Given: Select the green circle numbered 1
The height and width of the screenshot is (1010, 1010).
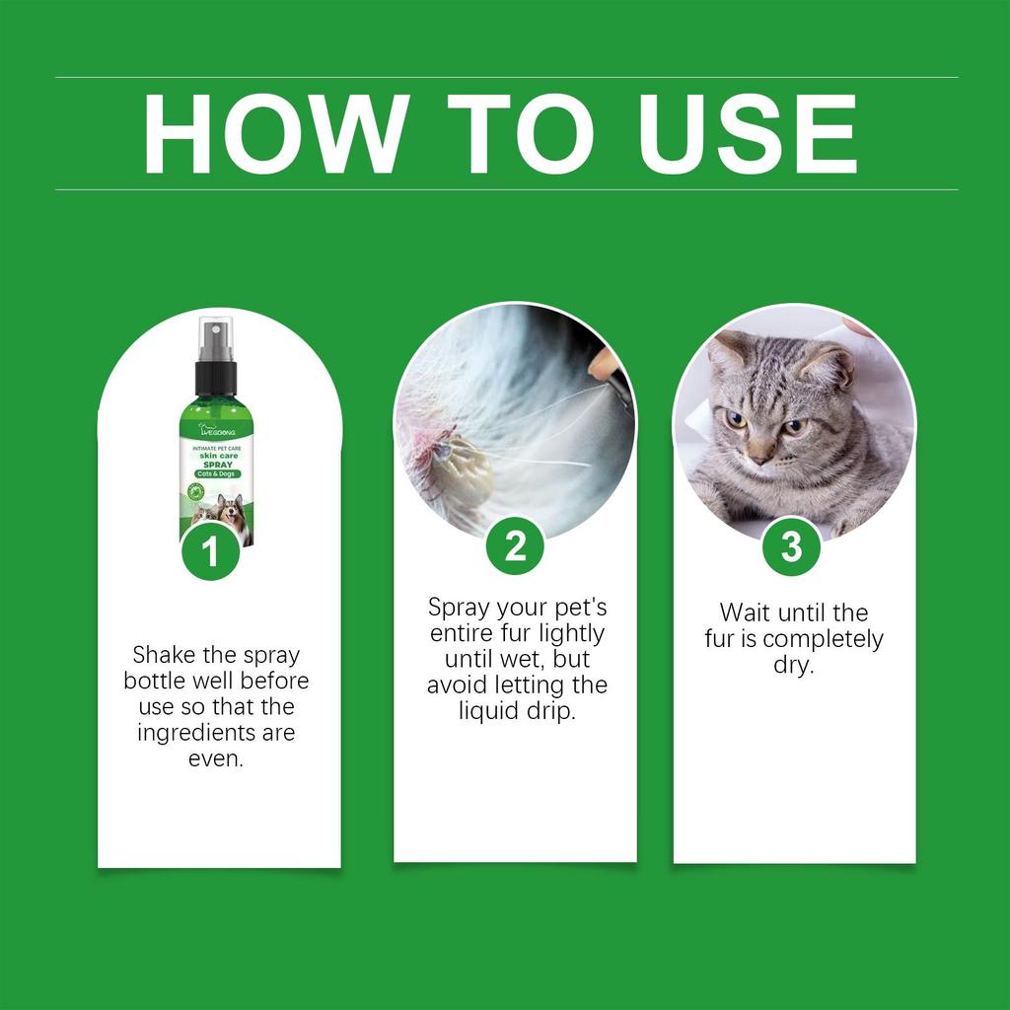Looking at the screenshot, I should [210, 553].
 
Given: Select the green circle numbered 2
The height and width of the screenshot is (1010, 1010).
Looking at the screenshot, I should [515, 546].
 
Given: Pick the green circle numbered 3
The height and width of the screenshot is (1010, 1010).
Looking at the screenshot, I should [792, 546].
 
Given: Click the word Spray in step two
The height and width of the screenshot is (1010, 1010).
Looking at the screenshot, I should [460, 608].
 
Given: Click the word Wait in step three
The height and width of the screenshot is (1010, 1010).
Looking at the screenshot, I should [745, 613].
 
